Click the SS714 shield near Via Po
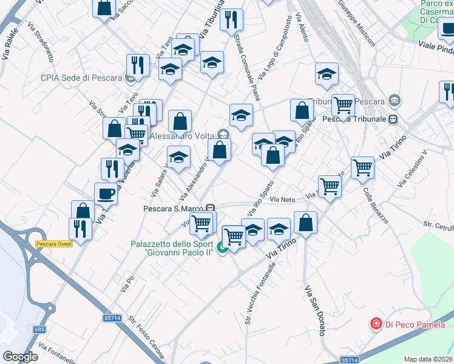(x=112, y=318)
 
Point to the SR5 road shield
(x=39, y=329)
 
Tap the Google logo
(x=20, y=356)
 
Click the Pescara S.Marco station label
(x=173, y=208)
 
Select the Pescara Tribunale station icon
(x=393, y=119)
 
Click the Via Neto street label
(x=282, y=199)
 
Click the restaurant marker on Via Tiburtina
(x=231, y=19)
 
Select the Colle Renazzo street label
(x=376, y=206)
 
